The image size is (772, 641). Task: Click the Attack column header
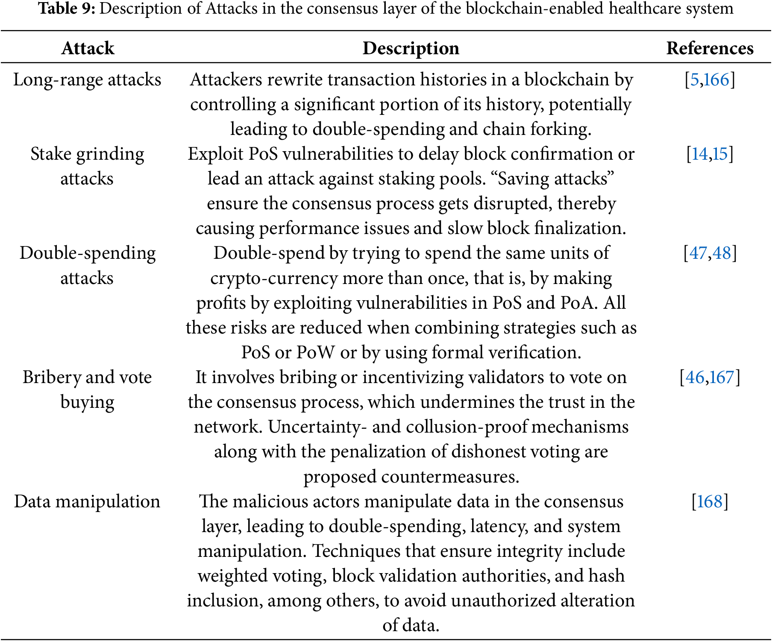pyautogui.click(x=88, y=48)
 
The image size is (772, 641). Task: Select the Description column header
pyautogui.click(x=411, y=48)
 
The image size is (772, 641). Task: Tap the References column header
pyautogui.click(x=710, y=48)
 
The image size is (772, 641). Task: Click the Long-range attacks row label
pyautogui.click(x=87, y=80)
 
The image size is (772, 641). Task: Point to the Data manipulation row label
pyautogui.click(x=87, y=501)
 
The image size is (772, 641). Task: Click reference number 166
pyautogui.click(x=716, y=80)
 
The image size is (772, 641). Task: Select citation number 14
pyautogui.click(x=699, y=154)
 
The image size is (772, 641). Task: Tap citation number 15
pyautogui.click(x=720, y=154)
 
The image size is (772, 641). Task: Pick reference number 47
pyautogui.click(x=698, y=253)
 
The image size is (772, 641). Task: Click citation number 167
pyautogui.click(x=722, y=378)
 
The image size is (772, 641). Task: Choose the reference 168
pyautogui.click(x=710, y=501)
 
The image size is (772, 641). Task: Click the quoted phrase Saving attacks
pyautogui.click(x=556, y=179)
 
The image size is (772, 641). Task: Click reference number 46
pyautogui.click(x=695, y=378)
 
